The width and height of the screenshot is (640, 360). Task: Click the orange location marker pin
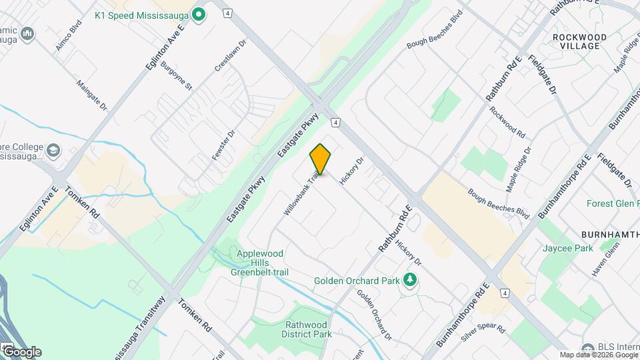[320, 159]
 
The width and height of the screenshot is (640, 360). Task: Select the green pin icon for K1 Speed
[198, 14]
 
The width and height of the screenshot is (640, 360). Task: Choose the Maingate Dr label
[92, 97]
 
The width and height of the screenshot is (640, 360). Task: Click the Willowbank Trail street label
[301, 194]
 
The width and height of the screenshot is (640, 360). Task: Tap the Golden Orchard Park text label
[357, 281]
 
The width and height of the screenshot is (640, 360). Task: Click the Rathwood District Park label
[309, 329]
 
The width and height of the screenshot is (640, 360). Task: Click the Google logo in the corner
[22, 352]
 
